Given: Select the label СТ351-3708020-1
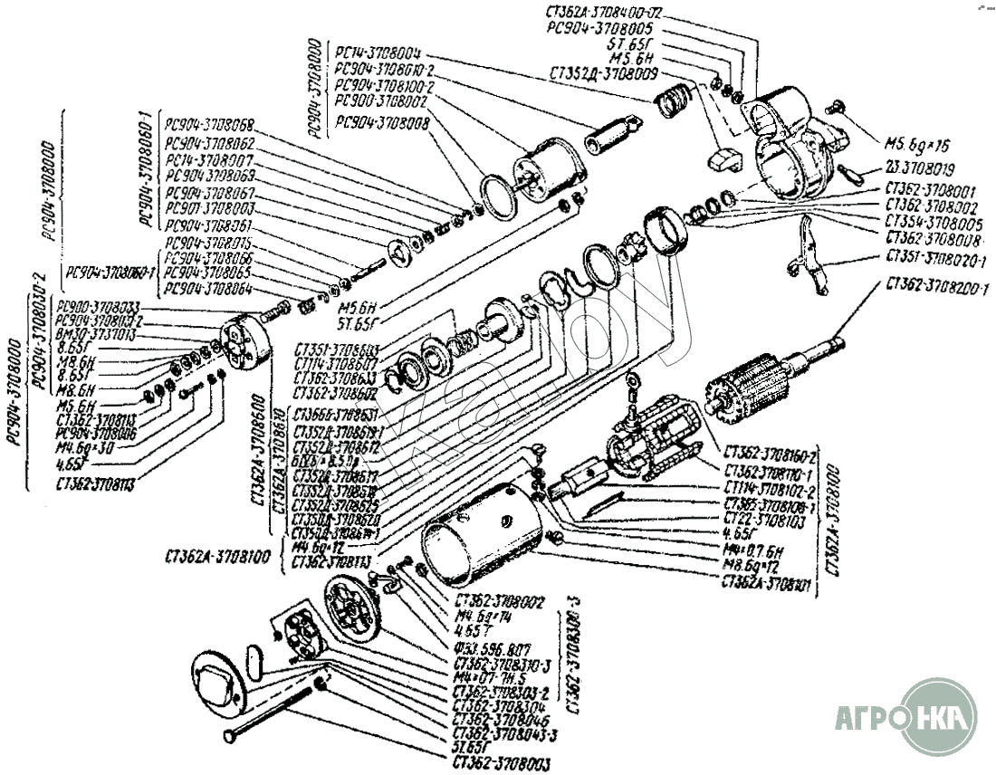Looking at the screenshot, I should coord(937,260).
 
